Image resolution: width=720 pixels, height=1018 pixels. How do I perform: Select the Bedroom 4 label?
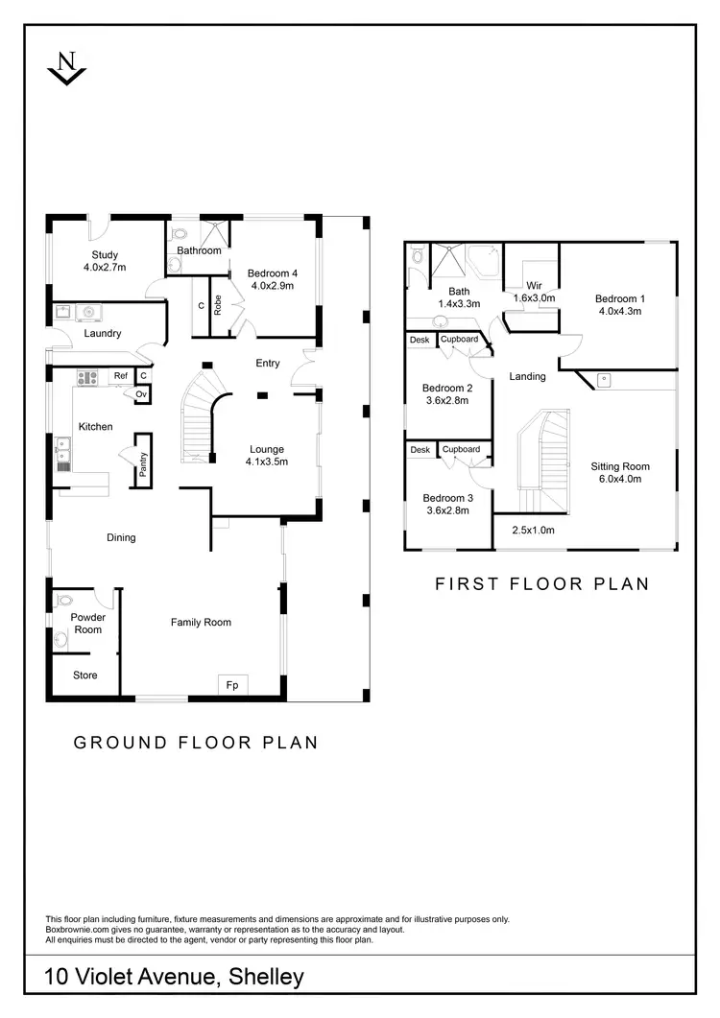[x=274, y=273]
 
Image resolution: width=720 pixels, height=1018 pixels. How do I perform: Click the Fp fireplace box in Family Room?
[x=231, y=685]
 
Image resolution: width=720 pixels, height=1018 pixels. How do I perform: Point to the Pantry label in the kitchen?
[x=143, y=465]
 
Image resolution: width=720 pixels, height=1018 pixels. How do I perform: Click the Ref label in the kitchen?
[x=121, y=376]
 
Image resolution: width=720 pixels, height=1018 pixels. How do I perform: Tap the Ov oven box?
[x=141, y=393]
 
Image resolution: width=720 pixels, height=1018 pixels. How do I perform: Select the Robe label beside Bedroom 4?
[x=218, y=305]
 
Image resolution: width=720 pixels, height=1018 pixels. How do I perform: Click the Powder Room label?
[x=86, y=624]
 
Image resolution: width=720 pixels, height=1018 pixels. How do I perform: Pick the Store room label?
[x=85, y=675]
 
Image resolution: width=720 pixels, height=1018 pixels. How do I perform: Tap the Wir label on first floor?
[x=535, y=286]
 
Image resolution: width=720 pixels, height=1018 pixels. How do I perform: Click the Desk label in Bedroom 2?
[x=420, y=340]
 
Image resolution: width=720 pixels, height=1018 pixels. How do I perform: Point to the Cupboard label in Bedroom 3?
[x=461, y=449]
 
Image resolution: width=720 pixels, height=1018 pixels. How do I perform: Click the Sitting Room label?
[x=615, y=465]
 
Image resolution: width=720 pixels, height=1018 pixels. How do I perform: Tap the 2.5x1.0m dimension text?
[x=533, y=530]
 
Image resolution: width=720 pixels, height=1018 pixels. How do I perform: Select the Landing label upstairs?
[x=527, y=376]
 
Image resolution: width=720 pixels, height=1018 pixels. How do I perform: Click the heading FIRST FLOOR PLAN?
[x=542, y=583]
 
